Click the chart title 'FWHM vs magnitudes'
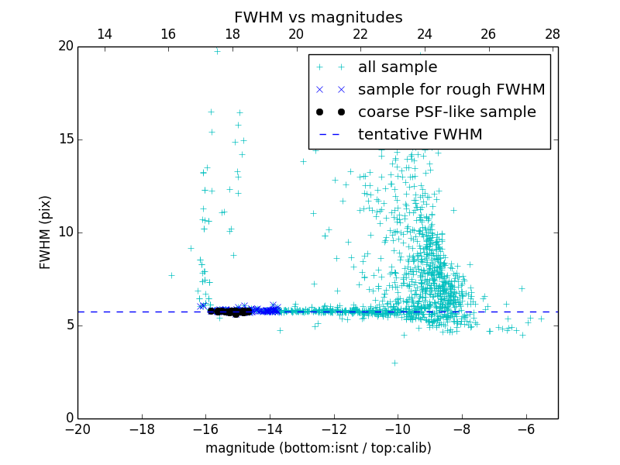pyautogui.click(x=318, y=17)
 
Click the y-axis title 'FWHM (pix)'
pyautogui.click(x=46, y=232)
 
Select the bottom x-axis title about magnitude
pyautogui.click(x=318, y=448)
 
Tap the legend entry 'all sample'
pyautogui.click(x=398, y=67)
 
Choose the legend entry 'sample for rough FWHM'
pyautogui.click(x=451, y=90)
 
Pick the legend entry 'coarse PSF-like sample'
pyautogui.click(x=446, y=112)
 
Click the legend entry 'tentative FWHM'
pyautogui.click(x=420, y=135)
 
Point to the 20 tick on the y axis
pyautogui.click(x=65, y=46)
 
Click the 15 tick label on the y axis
pyautogui.click(x=65, y=139)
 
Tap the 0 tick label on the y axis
pyautogui.click(x=69, y=418)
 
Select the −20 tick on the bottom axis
pyautogui.click(x=77, y=429)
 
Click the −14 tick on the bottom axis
pyautogui.click(x=270, y=429)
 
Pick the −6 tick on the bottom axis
pyautogui.click(x=526, y=429)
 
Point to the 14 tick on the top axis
pyautogui.click(x=104, y=34)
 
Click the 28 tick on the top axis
pyautogui.click(x=553, y=34)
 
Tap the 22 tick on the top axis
pyautogui.click(x=360, y=34)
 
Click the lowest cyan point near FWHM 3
pyautogui.click(x=394, y=363)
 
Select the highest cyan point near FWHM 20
pyautogui.click(x=217, y=52)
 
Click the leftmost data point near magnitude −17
pyautogui.click(x=171, y=275)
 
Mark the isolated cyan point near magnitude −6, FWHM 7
pyautogui.click(x=522, y=288)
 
